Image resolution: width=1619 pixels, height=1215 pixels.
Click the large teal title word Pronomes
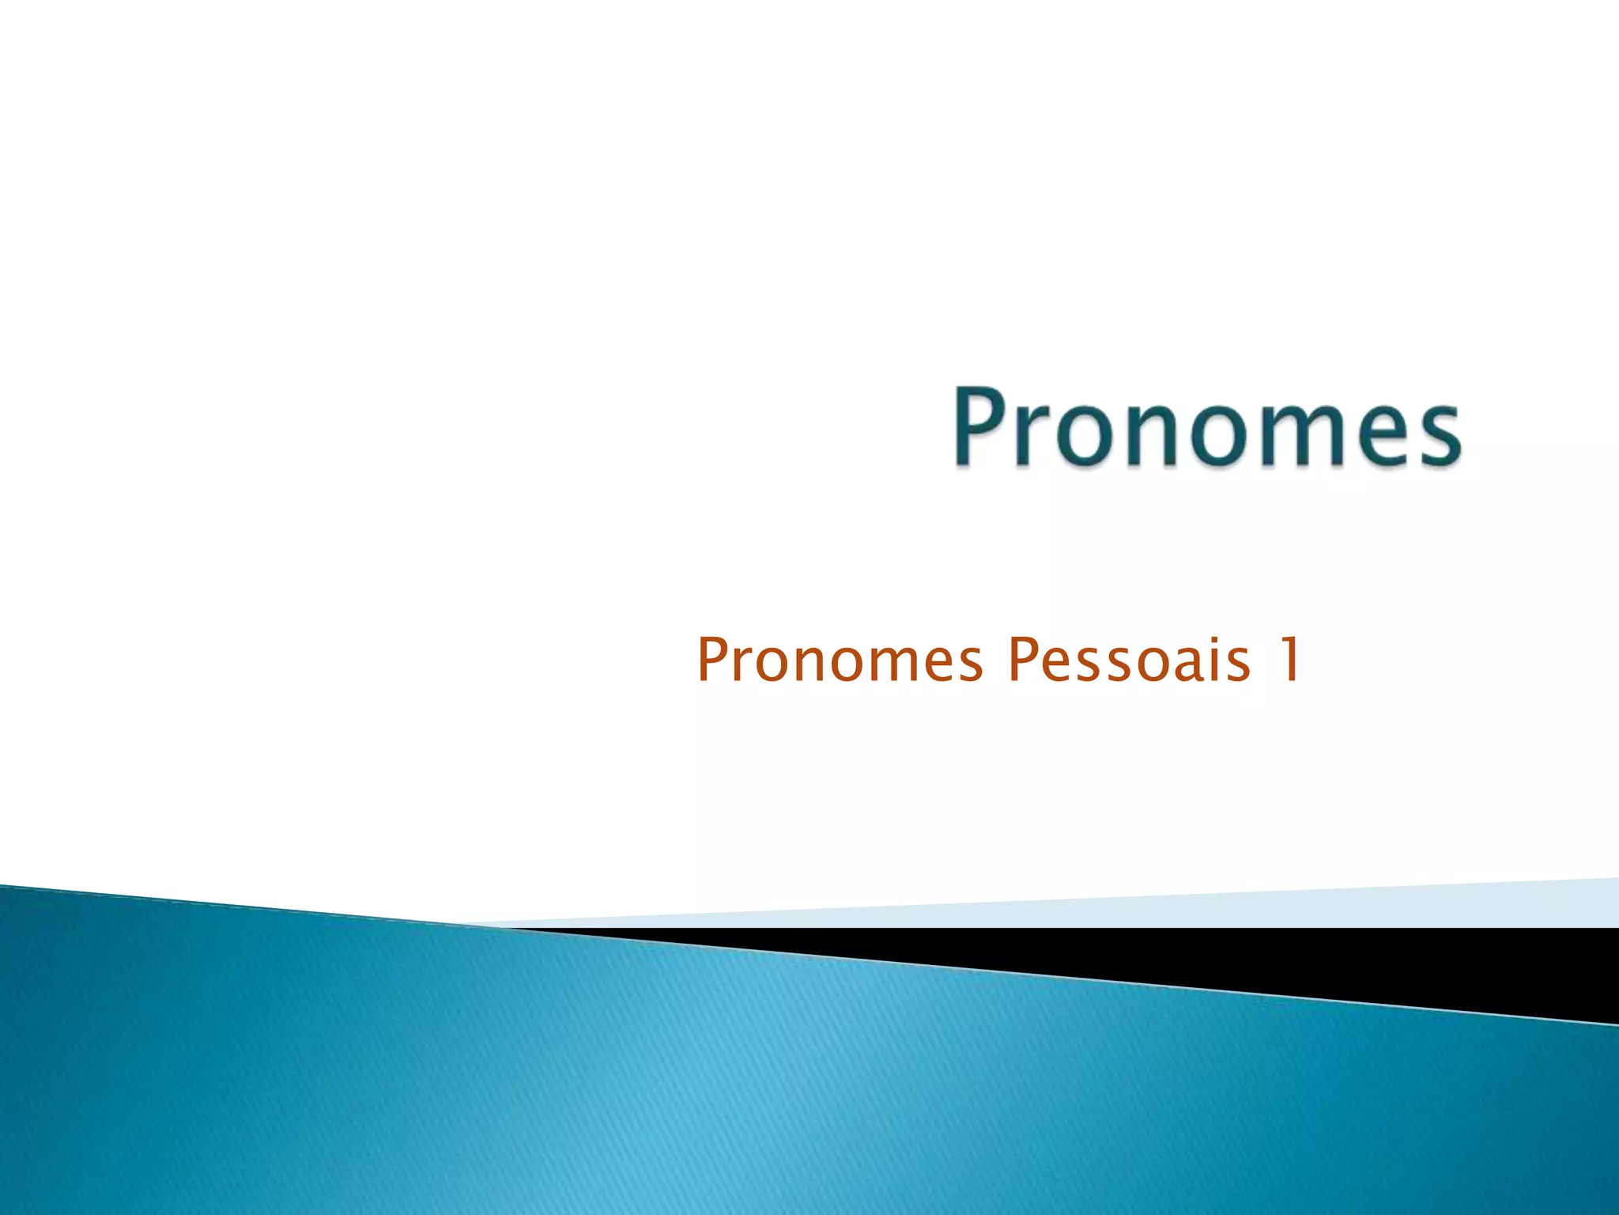[x=1207, y=428]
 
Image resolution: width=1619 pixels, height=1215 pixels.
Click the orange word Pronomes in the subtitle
[x=840, y=660]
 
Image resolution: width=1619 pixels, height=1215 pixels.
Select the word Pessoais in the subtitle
[x=1130, y=660]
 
